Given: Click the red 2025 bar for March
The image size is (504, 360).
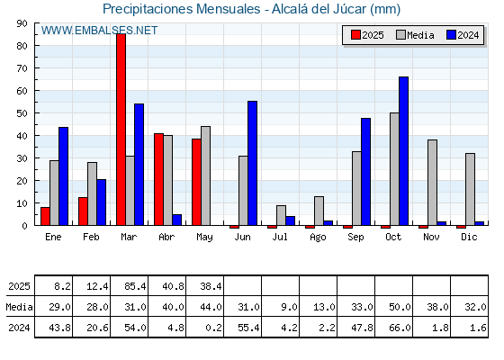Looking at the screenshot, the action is click(121, 130).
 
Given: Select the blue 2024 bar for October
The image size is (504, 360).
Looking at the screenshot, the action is click(404, 151).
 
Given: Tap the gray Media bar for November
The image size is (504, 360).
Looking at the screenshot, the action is click(432, 183).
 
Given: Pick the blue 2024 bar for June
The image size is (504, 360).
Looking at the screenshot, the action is click(252, 163).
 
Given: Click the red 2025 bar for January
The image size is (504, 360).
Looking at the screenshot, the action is click(45, 216).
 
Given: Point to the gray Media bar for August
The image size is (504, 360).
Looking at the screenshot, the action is click(319, 211).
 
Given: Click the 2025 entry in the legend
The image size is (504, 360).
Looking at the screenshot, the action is click(367, 35).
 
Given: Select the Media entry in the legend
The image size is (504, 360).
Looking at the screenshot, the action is click(415, 35).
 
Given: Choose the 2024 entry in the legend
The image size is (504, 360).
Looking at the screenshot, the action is click(463, 35).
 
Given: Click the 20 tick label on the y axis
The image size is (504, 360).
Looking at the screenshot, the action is click(22, 181).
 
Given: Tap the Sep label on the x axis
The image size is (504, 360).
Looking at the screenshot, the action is click(355, 238).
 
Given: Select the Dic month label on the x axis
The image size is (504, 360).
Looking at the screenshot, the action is click(469, 238).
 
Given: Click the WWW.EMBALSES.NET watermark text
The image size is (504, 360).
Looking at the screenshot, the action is click(99, 31).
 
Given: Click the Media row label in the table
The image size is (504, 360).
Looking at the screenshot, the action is click(19, 307).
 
